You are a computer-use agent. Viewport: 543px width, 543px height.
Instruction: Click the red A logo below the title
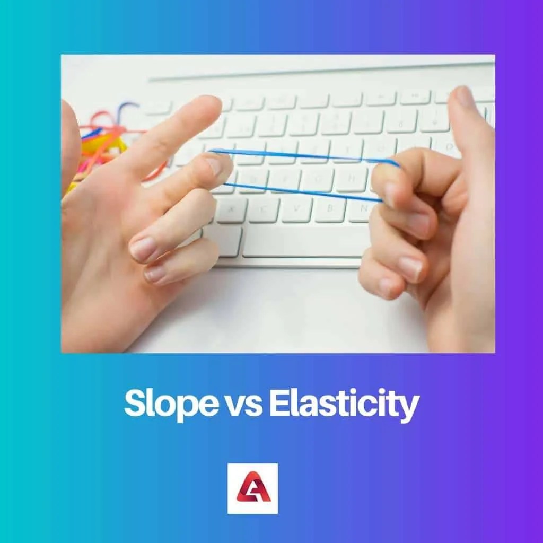[x=253, y=488]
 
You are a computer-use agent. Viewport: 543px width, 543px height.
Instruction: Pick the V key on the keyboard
[x=297, y=209]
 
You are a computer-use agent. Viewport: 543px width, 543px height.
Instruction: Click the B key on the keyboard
[x=330, y=209]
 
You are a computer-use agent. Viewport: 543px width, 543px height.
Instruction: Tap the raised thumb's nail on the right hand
[x=462, y=97]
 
